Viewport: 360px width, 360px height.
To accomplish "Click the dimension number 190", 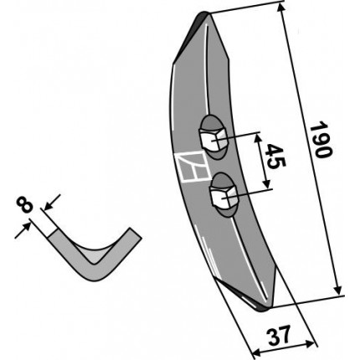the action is [321, 139].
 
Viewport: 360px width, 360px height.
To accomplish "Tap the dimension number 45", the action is [275, 157].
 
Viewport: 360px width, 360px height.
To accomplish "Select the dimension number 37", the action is [279, 335].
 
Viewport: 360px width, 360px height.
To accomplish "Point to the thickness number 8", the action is [24, 204].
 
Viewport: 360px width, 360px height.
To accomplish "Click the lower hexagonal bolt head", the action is [224, 198].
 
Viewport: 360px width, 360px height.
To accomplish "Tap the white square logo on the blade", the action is [193, 167].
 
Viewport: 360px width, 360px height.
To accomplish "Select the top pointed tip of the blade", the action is [204, 13].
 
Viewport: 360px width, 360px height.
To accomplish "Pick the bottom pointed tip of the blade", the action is [263, 309].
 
